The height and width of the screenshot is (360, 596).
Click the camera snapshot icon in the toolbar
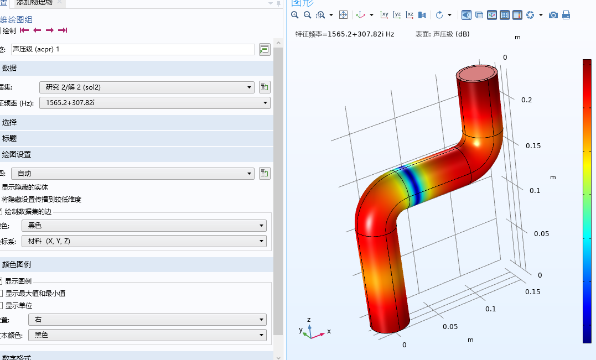[x=553, y=15]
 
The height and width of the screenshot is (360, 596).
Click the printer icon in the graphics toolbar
[x=566, y=15]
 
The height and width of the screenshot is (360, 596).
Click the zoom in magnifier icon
[x=296, y=15]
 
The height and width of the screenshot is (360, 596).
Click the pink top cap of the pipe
[x=478, y=73]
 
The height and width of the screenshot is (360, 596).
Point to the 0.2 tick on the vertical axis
[x=526, y=100]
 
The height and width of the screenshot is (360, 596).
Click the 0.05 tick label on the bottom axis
[x=450, y=326]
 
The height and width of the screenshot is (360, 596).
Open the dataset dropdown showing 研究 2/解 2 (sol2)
[x=147, y=87]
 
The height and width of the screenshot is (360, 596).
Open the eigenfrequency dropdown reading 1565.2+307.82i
[x=155, y=102]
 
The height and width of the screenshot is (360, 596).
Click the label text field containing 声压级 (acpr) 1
[x=132, y=49]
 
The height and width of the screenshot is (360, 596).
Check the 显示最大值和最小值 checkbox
[x=2, y=293]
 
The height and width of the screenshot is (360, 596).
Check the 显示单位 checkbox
[x=2, y=305]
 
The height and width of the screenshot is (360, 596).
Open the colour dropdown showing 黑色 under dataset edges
[x=144, y=225]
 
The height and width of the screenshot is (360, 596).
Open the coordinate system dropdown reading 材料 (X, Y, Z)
[x=144, y=241]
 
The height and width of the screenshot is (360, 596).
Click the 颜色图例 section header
[x=17, y=264]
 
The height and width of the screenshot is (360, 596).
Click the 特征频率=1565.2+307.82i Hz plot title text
[x=345, y=34]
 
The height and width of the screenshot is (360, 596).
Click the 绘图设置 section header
[x=17, y=154]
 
